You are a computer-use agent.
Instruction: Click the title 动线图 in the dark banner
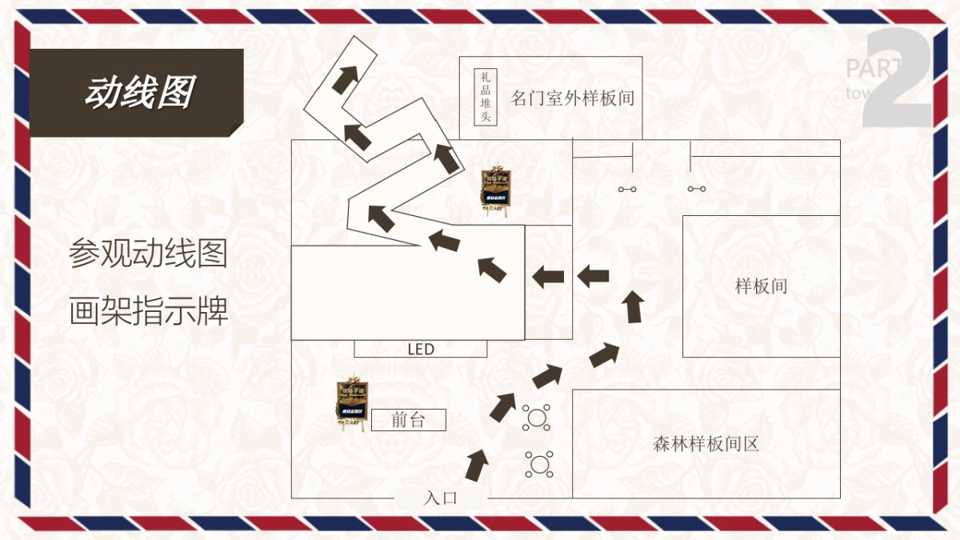pos(139,93)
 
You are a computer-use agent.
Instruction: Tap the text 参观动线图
pos(149,254)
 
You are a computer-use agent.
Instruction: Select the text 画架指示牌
pos(149,311)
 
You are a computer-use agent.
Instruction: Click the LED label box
pos(421,350)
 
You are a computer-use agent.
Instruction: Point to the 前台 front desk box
pos(408,420)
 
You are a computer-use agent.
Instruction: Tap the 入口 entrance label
pos(440,498)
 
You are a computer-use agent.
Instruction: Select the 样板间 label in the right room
pos(761,286)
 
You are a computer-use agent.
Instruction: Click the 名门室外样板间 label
pos(573,98)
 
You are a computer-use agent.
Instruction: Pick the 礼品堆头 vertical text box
pos(484,98)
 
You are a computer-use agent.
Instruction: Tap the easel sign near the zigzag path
pos(495,192)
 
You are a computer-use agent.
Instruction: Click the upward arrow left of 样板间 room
pos(634,306)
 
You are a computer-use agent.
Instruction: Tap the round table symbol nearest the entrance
pos(539,463)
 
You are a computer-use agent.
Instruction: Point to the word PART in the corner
pos(872,69)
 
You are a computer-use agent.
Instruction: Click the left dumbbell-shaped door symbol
pos(626,190)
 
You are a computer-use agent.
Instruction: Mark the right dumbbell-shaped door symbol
pos(696,190)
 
